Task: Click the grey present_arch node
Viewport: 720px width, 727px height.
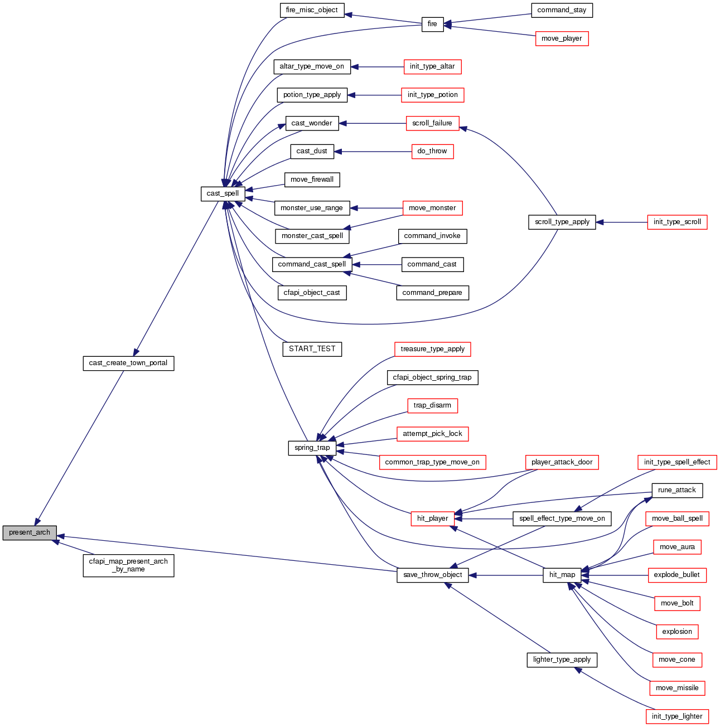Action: tap(30, 532)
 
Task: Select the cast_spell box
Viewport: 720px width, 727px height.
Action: tap(223, 193)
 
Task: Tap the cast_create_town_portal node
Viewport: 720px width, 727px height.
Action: tap(128, 363)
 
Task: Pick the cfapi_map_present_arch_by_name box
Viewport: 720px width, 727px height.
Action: tap(128, 565)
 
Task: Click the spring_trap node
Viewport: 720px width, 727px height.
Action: tap(312, 448)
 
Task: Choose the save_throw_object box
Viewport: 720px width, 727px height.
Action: tap(432, 575)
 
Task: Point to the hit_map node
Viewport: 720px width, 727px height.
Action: tap(562, 575)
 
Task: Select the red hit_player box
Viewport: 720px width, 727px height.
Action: tap(432, 518)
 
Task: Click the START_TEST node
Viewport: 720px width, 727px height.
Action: tap(312, 349)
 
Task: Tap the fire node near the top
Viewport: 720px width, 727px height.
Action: tap(432, 24)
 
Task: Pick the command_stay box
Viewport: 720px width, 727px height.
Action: tap(562, 10)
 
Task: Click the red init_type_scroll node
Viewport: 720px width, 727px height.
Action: tap(677, 222)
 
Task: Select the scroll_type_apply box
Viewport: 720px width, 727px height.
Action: tap(562, 222)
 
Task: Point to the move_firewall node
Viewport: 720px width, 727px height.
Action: tap(312, 180)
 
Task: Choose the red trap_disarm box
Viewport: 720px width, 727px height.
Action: tap(432, 405)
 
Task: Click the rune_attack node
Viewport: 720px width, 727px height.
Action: tap(677, 490)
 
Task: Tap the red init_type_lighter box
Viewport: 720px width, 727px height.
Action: tap(677, 716)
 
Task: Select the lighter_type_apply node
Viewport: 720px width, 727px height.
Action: tap(562, 660)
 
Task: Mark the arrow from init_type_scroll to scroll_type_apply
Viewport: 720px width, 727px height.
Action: tap(622, 222)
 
